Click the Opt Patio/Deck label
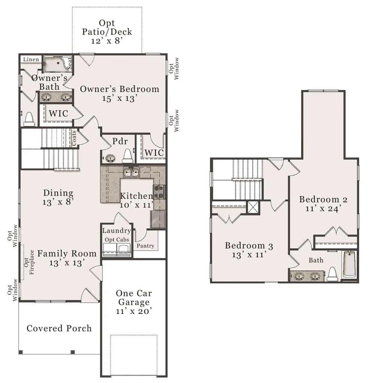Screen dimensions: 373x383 click(x=107, y=32)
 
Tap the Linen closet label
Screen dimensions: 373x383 click(x=31, y=59)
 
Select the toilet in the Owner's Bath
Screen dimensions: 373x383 click(x=29, y=119)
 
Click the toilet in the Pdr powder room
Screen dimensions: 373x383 click(x=127, y=156)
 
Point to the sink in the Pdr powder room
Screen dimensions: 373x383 click(x=110, y=158)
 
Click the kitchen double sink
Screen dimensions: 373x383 click(x=131, y=172)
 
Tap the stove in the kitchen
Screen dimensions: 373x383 click(x=159, y=192)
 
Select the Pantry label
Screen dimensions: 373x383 click(x=145, y=246)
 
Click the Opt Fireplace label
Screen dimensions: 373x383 click(x=29, y=262)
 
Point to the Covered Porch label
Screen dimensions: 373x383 click(x=59, y=328)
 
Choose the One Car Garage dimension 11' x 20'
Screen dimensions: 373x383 click(x=134, y=311)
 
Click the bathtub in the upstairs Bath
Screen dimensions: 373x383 click(x=349, y=264)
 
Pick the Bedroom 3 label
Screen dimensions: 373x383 click(x=249, y=245)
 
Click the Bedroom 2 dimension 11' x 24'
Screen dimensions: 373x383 click(x=323, y=209)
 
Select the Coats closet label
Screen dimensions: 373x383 click(x=74, y=138)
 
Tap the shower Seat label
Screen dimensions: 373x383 click(x=69, y=63)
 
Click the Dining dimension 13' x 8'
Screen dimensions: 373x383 click(x=58, y=202)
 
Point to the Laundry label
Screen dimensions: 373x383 click(x=117, y=231)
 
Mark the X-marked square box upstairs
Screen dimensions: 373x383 click(x=253, y=208)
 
